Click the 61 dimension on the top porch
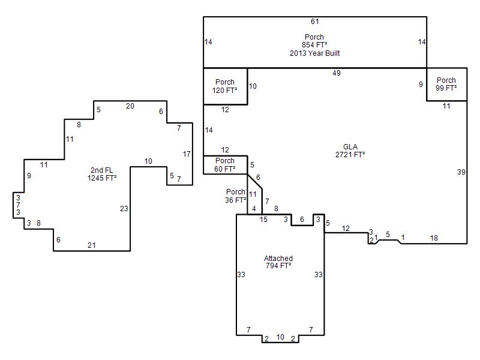click(314, 22)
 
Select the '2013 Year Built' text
click(314, 53)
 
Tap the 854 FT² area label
click(314, 44)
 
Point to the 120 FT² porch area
click(224, 91)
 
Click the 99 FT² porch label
click(446, 88)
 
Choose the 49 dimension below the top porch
click(337, 73)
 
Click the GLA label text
click(350, 146)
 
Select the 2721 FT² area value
click(350, 155)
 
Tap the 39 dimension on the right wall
click(461, 172)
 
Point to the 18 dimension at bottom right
click(434, 238)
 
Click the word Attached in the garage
click(278, 258)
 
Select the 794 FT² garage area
click(278, 265)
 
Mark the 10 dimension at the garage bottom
click(280, 337)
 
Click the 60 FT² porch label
click(224, 169)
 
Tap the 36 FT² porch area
click(236, 200)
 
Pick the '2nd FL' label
click(101, 170)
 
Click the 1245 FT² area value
click(101, 178)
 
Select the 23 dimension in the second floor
click(124, 208)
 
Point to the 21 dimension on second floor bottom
click(92, 245)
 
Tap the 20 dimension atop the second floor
click(130, 106)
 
